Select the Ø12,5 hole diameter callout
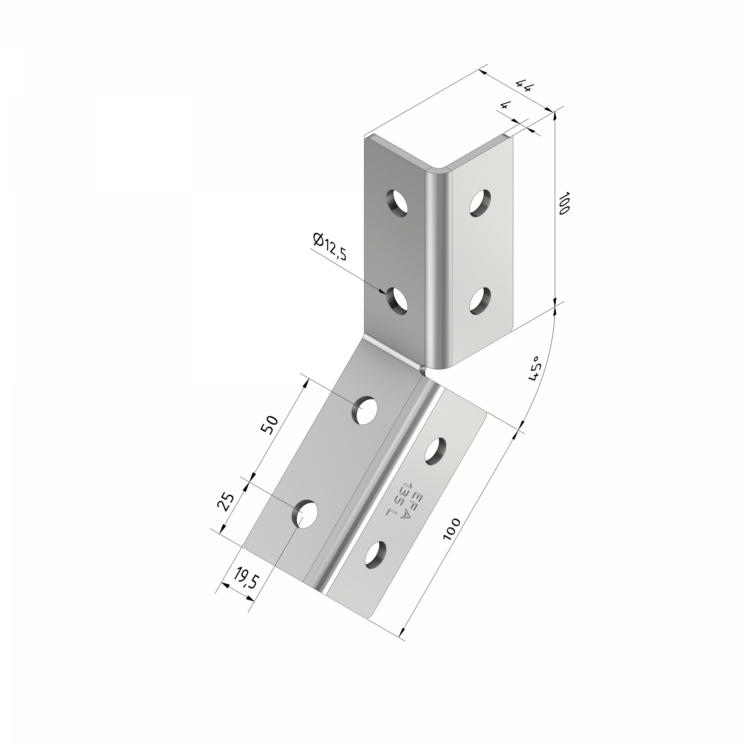click(x=330, y=246)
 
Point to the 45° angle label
click(x=534, y=369)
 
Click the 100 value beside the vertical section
click(x=563, y=203)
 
